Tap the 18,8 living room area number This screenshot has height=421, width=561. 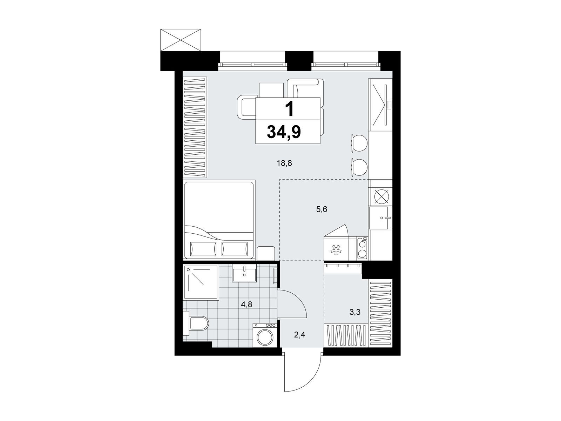(284, 163)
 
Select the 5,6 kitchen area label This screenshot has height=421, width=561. (322, 209)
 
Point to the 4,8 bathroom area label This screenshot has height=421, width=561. (246, 305)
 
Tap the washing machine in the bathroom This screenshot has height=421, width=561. (265, 335)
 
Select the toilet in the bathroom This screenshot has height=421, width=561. (196, 323)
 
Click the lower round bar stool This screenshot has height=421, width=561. (359, 167)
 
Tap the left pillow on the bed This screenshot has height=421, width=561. (203, 249)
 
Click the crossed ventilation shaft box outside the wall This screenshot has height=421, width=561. (181, 40)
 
